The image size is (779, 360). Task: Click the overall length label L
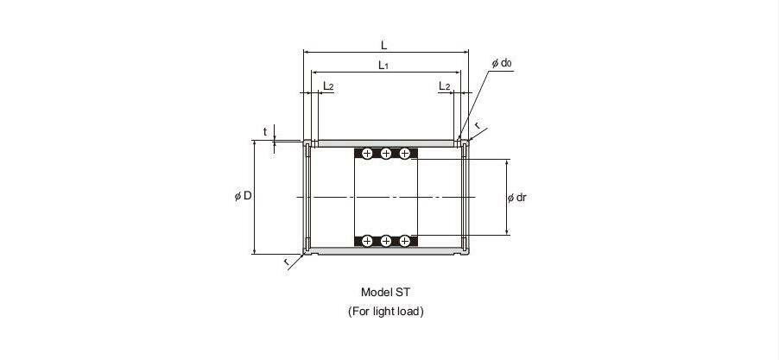[384, 44]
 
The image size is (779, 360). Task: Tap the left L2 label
[328, 85]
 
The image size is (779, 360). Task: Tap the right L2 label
[444, 85]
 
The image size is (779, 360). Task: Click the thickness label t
[265, 132]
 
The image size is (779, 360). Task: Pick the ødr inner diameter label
[517, 198]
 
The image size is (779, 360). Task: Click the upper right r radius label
[477, 126]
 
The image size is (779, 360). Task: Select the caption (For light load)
[385, 311]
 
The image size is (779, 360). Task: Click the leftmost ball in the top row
[367, 154]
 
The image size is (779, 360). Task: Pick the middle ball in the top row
[386, 154]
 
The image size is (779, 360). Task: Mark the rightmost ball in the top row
[404, 154]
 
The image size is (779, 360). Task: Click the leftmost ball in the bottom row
[367, 241]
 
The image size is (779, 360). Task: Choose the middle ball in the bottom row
[386, 241]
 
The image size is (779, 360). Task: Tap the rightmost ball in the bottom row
[404, 241]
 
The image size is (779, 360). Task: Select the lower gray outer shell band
[384, 251]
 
